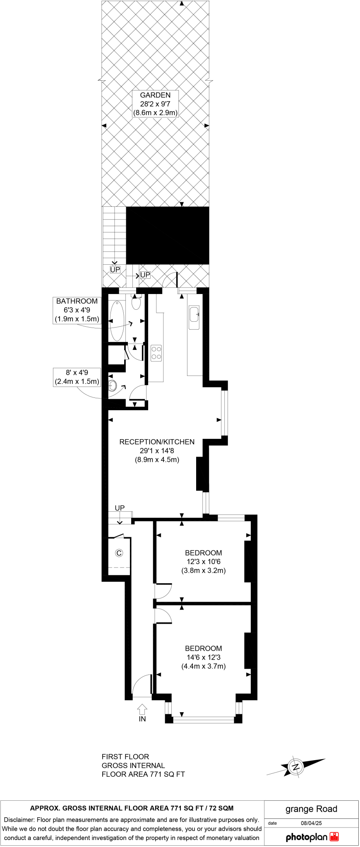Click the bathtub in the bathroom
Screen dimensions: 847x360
[117, 320]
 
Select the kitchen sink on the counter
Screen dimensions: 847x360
[194, 318]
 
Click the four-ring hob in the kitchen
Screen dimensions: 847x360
[156, 353]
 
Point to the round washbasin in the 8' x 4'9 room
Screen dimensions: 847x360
[113, 386]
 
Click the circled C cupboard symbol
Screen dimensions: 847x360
[119, 553]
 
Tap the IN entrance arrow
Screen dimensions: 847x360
[142, 710]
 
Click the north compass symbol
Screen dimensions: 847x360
[296, 766]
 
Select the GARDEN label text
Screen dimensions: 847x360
[155, 95]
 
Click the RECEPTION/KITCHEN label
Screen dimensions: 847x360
[157, 442]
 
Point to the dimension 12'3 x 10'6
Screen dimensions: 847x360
[204, 562]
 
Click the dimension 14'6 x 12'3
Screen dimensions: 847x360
[204, 657]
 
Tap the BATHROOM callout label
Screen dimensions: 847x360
[77, 301]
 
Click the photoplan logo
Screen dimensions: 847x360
[312, 837]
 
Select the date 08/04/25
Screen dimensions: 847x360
[311, 823]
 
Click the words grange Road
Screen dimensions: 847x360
[311, 809]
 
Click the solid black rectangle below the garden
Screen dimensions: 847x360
[168, 235]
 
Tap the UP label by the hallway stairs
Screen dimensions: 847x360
[120, 508]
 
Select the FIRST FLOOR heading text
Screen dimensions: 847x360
[125, 756]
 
